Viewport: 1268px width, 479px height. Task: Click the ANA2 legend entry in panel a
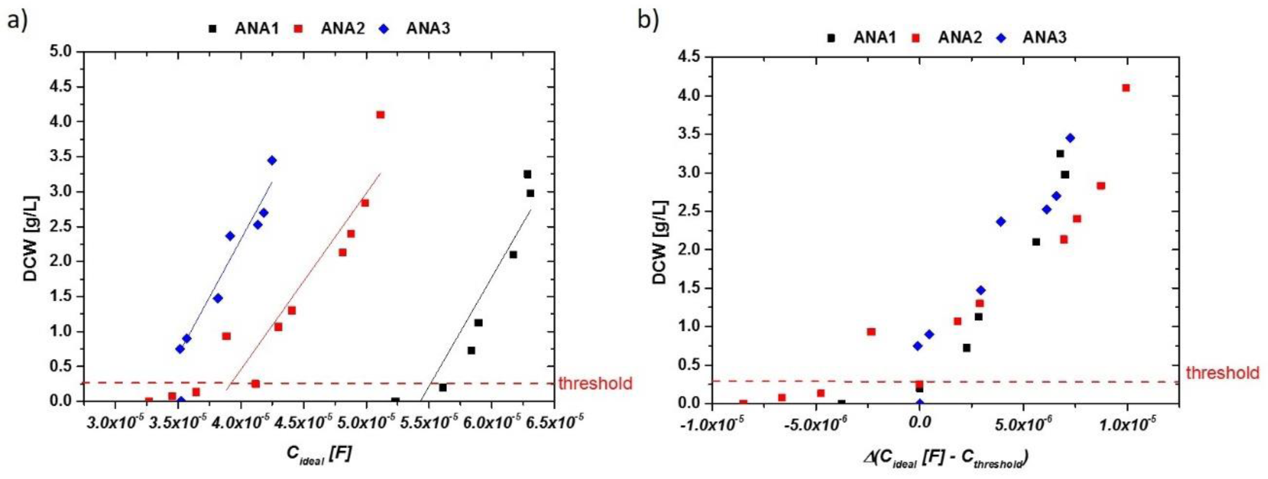pyautogui.click(x=343, y=29)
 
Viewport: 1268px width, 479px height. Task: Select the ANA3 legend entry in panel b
pyautogui.click(x=1045, y=37)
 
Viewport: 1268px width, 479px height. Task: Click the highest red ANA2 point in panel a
pyautogui.click(x=380, y=115)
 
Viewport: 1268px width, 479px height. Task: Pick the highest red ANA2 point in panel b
pyautogui.click(x=1126, y=88)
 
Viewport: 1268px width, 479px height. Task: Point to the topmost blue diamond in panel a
pyautogui.click(x=272, y=161)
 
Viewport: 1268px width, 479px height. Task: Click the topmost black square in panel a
pyautogui.click(x=527, y=174)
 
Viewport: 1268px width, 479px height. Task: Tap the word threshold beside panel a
pyautogui.click(x=595, y=383)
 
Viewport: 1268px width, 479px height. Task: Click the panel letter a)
pyautogui.click(x=17, y=22)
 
